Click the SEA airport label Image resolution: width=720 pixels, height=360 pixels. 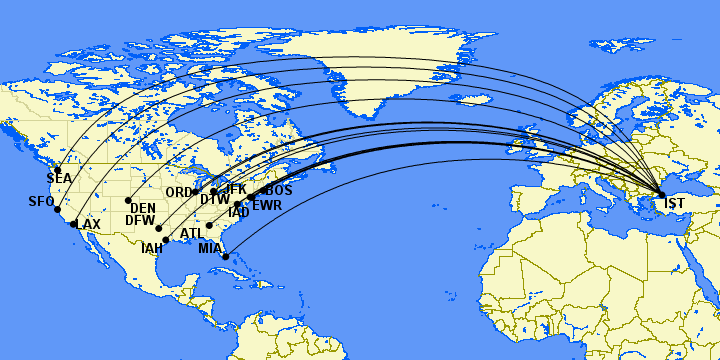click(60, 179)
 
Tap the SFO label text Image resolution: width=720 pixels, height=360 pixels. click(41, 202)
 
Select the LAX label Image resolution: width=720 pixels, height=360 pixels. click(88, 224)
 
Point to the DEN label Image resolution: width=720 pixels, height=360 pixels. click(143, 208)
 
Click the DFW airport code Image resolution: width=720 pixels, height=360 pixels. click(140, 220)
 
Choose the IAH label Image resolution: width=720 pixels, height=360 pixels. click(152, 248)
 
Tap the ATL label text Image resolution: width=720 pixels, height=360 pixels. click(192, 234)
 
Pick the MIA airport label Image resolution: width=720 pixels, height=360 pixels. click(210, 248)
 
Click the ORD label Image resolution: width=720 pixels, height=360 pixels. click(179, 192)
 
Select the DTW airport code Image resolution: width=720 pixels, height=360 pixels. click(215, 200)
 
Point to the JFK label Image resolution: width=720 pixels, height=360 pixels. click(234, 189)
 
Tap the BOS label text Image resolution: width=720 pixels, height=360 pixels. click(279, 190)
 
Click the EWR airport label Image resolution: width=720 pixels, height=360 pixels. click(267, 206)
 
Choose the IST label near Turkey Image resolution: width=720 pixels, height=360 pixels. click(675, 204)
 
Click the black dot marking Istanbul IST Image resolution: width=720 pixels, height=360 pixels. click(661, 194)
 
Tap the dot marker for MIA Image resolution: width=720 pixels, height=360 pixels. click(226, 257)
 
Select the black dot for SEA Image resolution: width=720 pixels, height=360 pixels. click(58, 169)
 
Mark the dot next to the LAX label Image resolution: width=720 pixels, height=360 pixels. click(74, 224)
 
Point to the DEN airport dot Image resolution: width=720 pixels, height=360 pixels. click(128, 200)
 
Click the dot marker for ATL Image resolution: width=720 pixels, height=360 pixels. click(209, 226)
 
